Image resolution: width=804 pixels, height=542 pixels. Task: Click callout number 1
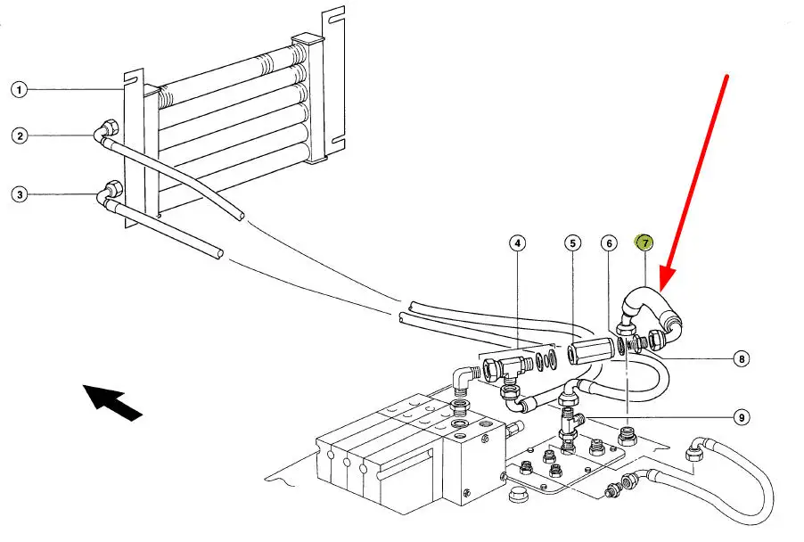[20, 89]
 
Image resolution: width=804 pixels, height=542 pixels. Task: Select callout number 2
[20, 135]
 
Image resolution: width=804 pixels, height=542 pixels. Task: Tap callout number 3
[20, 193]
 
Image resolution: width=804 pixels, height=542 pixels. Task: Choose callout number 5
[573, 242]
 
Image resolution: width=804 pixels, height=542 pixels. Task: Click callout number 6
[609, 242]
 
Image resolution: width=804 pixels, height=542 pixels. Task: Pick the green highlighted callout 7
[644, 242]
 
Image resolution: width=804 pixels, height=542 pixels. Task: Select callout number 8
[741, 359]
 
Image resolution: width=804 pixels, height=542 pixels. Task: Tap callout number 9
[741, 415]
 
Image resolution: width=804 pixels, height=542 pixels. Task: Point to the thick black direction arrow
[112, 400]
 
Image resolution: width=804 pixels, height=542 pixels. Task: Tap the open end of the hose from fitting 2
[239, 214]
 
